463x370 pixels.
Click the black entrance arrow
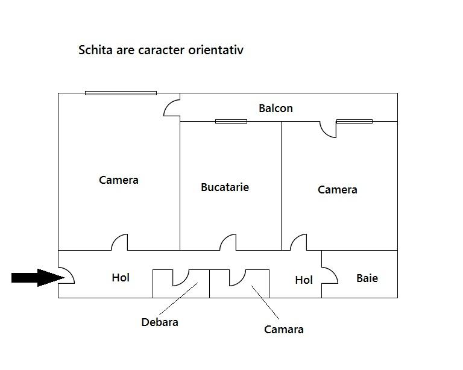point(38,278)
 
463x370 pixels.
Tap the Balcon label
point(276,108)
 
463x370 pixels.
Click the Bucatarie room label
point(225,187)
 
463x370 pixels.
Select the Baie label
point(367,278)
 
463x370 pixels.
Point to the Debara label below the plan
point(160,322)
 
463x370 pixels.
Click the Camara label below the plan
point(284,330)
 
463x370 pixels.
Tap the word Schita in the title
point(95,50)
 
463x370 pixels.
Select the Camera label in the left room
point(118,180)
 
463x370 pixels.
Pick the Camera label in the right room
point(337,190)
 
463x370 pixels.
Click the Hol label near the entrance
point(121,278)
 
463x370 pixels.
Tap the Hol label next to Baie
point(304,280)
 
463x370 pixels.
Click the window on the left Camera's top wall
point(121,93)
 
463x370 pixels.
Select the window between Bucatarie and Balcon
point(231,121)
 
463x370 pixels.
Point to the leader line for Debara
point(178,299)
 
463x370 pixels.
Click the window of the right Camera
point(354,121)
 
